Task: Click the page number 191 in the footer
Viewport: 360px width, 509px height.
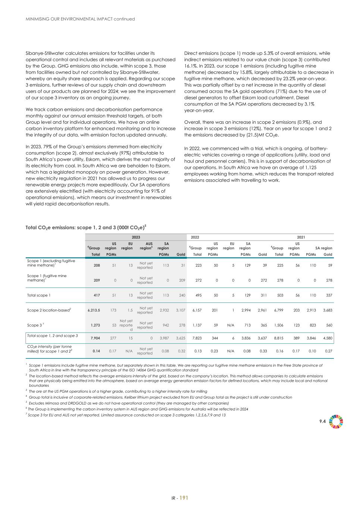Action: (184, 497)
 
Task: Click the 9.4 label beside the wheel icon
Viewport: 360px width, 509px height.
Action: (322, 421)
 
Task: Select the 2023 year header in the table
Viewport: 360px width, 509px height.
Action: (136, 237)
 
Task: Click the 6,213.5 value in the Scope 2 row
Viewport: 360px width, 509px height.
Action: (94, 310)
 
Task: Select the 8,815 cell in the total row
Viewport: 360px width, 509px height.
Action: (279, 338)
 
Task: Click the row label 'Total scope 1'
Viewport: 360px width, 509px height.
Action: (39, 295)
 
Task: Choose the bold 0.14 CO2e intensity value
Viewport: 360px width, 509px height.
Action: (96, 351)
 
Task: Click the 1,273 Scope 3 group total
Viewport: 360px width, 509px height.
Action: (95, 325)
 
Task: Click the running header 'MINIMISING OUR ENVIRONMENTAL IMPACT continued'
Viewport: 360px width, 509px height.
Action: (80, 19)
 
